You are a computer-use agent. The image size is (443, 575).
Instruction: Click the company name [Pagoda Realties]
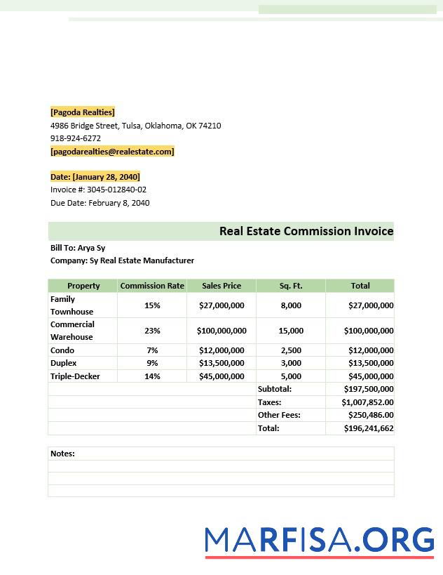click(x=82, y=112)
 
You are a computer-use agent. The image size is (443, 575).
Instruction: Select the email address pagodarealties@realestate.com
click(x=112, y=152)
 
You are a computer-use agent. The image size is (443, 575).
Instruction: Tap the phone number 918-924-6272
click(x=76, y=138)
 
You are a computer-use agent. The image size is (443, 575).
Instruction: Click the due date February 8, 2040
click(x=118, y=203)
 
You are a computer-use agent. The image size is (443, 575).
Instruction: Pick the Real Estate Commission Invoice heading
click(x=306, y=231)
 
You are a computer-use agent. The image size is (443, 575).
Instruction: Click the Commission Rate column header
click(x=152, y=286)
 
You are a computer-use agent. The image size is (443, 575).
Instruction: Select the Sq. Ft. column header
click(x=290, y=286)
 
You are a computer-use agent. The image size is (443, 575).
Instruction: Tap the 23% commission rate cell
click(x=152, y=331)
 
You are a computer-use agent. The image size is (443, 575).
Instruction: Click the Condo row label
click(x=62, y=350)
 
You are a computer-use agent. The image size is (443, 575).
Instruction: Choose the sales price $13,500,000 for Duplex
click(x=221, y=363)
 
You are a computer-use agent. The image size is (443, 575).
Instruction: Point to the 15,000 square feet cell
click(x=291, y=331)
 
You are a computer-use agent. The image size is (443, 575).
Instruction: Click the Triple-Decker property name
click(x=75, y=376)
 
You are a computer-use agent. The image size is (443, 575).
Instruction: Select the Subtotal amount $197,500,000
click(x=368, y=389)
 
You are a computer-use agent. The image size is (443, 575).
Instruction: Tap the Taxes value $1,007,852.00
click(x=367, y=402)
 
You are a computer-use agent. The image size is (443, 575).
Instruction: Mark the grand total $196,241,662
click(x=368, y=428)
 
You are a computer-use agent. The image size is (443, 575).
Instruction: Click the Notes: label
click(x=62, y=454)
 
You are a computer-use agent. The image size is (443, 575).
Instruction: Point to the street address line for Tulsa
click(x=135, y=126)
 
